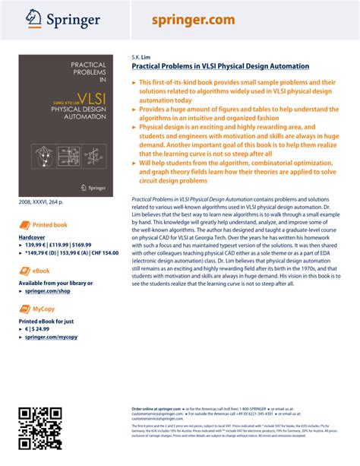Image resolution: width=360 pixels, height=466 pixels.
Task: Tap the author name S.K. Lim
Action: coord(141,57)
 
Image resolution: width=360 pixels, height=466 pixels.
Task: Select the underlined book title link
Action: coord(220,67)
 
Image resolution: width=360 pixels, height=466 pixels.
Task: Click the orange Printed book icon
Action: coord(25,225)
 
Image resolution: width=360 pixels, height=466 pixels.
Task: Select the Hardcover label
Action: coord(33,238)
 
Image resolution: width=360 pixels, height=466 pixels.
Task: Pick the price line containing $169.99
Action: coord(59,246)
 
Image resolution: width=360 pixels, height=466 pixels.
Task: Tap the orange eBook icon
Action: coord(25,271)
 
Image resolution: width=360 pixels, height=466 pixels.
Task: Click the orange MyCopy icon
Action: coord(25,309)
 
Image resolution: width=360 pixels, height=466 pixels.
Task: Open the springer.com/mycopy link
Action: coord(50,337)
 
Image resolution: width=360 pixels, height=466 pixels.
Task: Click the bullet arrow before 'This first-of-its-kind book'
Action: coord(135,81)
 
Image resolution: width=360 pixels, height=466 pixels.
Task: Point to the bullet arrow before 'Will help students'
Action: coord(135,163)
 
